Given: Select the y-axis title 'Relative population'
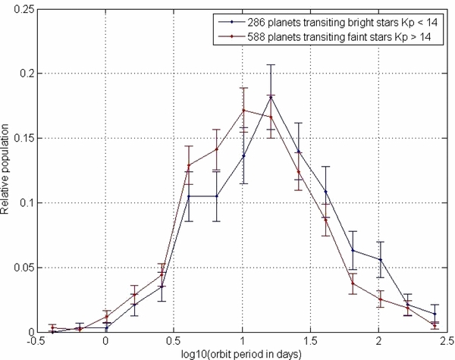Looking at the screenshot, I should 7,171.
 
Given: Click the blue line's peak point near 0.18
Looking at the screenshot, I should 271,97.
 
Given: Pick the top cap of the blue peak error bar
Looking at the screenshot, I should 271,65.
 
